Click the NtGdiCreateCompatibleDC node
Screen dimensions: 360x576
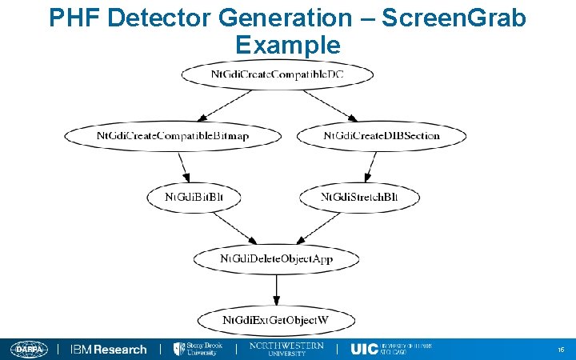click(277, 74)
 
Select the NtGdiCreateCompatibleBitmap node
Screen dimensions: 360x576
click(173, 135)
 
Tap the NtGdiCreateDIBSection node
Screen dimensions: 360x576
click(381, 135)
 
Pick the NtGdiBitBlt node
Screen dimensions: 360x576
click(192, 197)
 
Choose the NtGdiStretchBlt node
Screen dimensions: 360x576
click(359, 197)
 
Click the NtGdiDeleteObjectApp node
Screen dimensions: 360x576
click(277, 258)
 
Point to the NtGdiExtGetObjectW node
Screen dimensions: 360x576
click(277, 321)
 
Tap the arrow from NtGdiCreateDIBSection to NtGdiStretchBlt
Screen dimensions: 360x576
click(370, 166)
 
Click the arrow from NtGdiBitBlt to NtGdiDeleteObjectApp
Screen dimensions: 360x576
click(232, 227)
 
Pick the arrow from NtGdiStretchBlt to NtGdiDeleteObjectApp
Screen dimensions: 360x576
click(320, 227)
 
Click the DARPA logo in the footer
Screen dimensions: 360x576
click(30, 350)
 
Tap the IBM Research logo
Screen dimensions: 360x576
click(109, 350)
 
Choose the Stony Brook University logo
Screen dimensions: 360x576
click(199, 349)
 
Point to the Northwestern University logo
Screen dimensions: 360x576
click(286, 349)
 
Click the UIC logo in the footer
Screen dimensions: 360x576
click(391, 349)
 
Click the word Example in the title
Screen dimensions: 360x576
click(288, 45)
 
